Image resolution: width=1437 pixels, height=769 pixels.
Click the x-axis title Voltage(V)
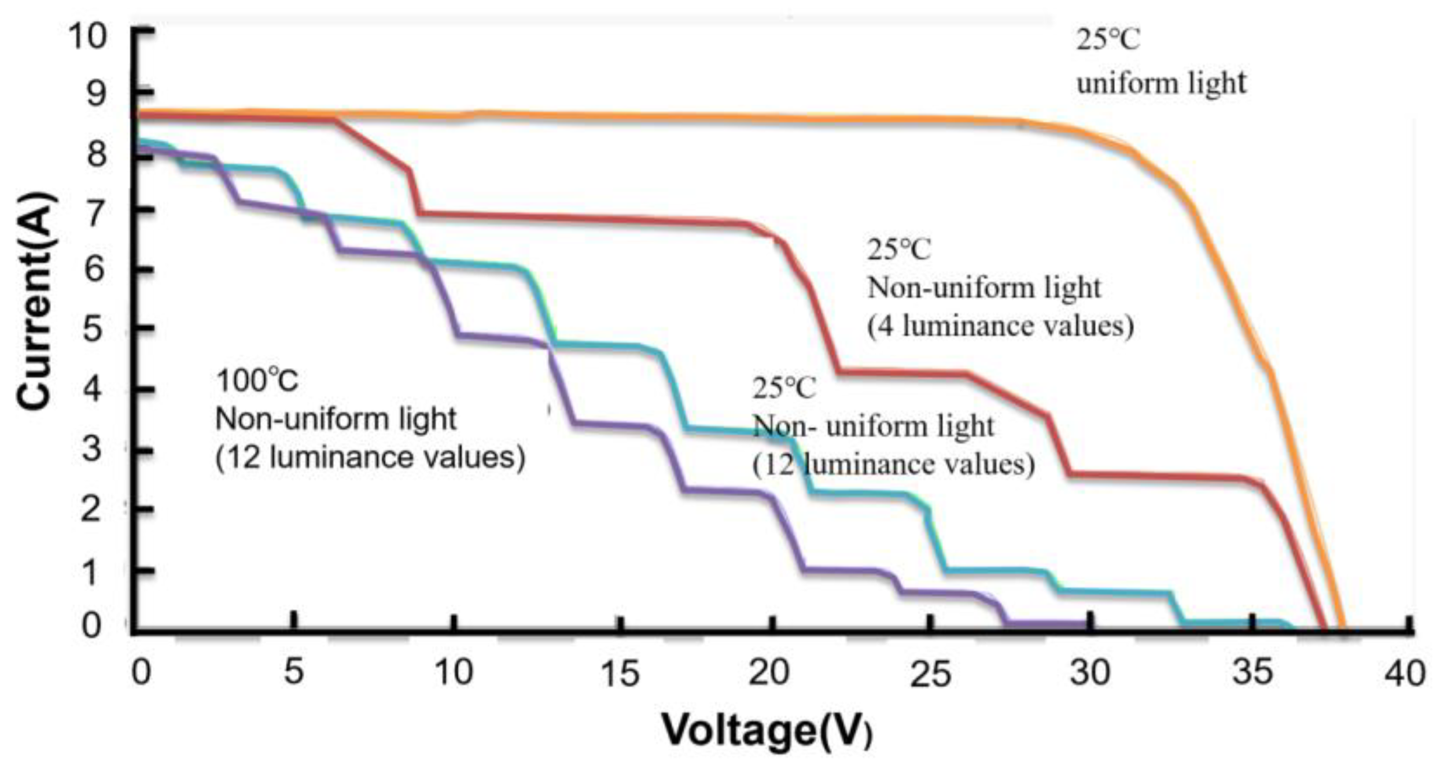[x=767, y=730]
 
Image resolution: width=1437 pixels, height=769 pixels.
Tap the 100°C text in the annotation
[x=257, y=381]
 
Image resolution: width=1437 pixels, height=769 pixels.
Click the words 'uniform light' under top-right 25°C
[x=1160, y=83]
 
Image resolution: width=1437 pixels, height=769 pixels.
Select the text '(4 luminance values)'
[x=1000, y=326]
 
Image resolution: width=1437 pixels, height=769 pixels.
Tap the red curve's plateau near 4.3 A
[x=902, y=373]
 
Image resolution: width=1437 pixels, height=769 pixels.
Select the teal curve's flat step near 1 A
[x=995, y=572]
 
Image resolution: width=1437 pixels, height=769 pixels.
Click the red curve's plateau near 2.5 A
[x=1157, y=477]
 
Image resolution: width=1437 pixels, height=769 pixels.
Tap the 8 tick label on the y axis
[x=94, y=155]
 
